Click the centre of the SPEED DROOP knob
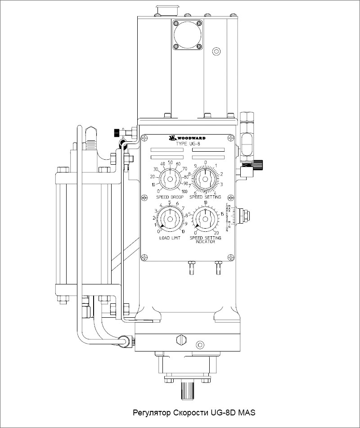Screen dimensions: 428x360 tap(170, 179)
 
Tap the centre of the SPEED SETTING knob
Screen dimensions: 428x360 tap(205, 179)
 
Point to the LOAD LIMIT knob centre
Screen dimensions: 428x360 tap(170, 219)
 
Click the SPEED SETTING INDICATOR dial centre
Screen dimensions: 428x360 tap(205, 219)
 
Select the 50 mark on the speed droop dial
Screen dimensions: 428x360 tap(170, 162)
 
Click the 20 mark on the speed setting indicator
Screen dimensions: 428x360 tap(216, 232)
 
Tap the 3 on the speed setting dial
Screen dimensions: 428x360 tap(221, 185)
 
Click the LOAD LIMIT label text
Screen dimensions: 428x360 tap(169, 238)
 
